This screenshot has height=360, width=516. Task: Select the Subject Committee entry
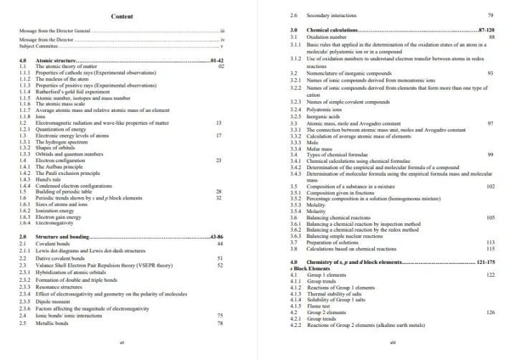[x=39, y=46]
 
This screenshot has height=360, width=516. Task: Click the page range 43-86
[x=217, y=236]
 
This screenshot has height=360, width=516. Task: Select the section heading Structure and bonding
[x=62, y=236]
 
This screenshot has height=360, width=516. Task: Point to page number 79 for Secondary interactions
[x=490, y=15]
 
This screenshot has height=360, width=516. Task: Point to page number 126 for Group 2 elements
[x=490, y=313]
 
